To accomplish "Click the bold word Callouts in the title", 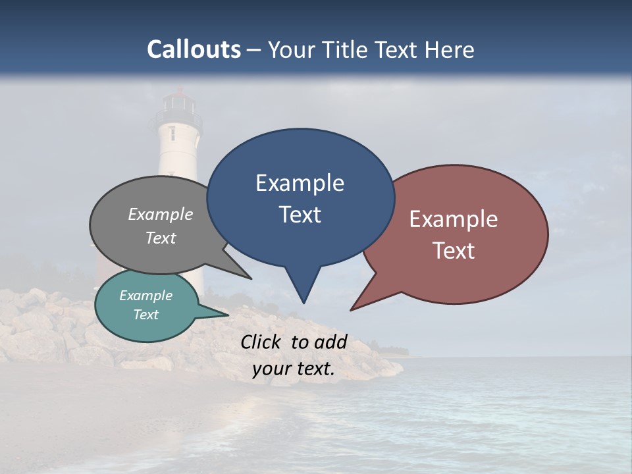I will click(194, 49).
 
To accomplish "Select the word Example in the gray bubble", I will click(161, 214).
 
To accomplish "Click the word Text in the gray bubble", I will click(161, 238).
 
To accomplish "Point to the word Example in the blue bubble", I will click(300, 183).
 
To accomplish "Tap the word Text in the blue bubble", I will click(300, 215).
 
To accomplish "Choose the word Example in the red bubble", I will click(454, 219).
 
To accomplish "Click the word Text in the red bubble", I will click(454, 251).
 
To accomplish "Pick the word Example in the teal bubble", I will click(145, 296).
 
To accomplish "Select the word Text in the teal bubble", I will click(145, 315).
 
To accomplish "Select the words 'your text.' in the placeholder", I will click(294, 369).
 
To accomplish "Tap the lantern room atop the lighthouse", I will click(178, 103).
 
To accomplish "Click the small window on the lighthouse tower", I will click(172, 133).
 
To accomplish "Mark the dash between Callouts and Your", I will click(254, 50).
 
